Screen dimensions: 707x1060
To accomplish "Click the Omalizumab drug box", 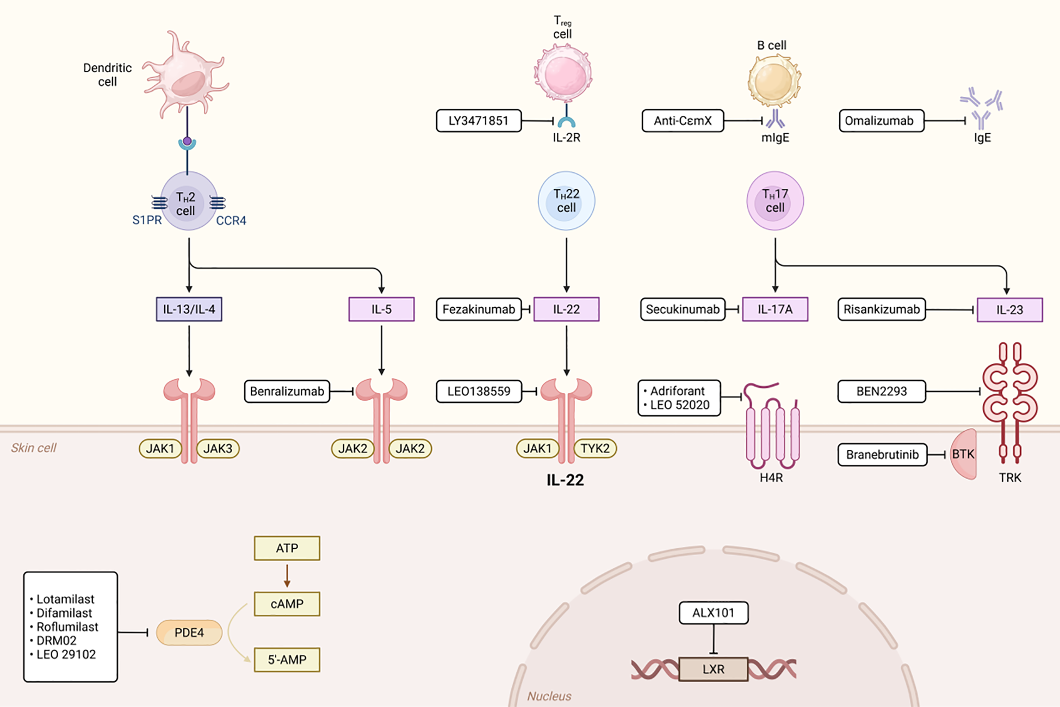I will [x=881, y=121].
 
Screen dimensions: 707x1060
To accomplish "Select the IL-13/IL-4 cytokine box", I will [x=189, y=309].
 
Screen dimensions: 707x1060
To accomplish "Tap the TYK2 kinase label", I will [x=595, y=449].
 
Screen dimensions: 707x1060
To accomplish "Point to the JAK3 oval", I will [x=218, y=449].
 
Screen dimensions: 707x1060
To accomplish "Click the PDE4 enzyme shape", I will [x=189, y=632].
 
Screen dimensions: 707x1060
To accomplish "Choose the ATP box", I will [x=287, y=548].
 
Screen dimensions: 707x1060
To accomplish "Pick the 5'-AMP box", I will [x=287, y=660].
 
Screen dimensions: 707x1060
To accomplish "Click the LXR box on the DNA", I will [x=713, y=669].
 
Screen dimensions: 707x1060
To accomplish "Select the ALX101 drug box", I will [x=713, y=613].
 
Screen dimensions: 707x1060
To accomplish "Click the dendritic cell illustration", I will [x=185, y=76].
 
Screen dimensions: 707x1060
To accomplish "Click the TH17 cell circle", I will [x=774, y=201].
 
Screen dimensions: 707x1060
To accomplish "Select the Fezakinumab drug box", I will [x=478, y=309].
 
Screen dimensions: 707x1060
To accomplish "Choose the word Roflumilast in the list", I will [x=67, y=627].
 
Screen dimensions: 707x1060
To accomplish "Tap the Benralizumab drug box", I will [x=287, y=391].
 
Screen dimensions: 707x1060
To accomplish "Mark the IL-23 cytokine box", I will [x=1009, y=310].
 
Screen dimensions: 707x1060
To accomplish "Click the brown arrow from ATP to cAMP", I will [x=287, y=576].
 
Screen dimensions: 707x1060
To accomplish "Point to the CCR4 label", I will [x=231, y=221].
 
